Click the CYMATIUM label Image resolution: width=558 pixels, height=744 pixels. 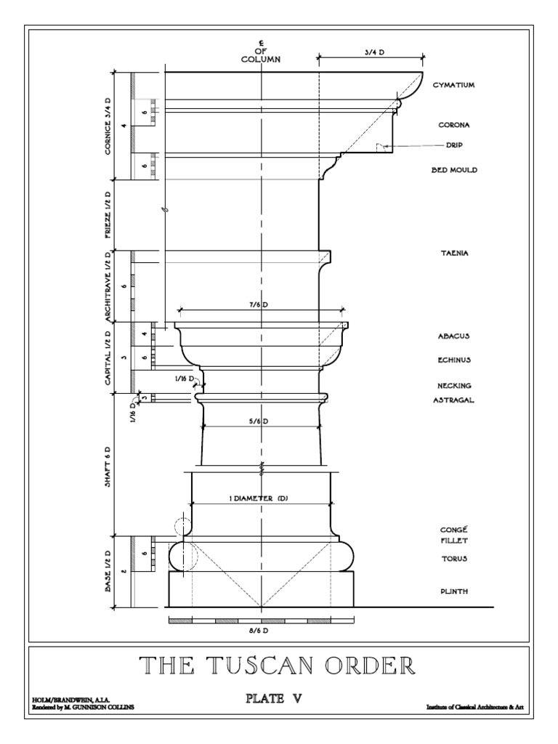pyautogui.click(x=453, y=85)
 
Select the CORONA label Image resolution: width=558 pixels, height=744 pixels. pyautogui.click(x=453, y=125)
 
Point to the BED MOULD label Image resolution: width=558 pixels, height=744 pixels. pyautogui.click(x=453, y=170)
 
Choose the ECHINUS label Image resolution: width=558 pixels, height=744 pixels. pyautogui.click(x=455, y=359)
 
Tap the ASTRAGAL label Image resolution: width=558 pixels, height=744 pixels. pyautogui.click(x=455, y=400)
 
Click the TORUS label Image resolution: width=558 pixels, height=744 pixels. pyautogui.click(x=453, y=559)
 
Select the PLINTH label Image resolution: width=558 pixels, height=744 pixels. pyautogui.click(x=453, y=591)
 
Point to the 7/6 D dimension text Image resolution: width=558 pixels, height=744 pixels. pyautogui.click(x=261, y=305)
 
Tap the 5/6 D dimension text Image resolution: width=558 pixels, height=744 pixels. pyautogui.click(x=260, y=421)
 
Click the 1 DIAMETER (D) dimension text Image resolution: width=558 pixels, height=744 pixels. pyautogui.click(x=261, y=498)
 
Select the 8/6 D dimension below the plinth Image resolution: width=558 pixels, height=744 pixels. pyautogui.click(x=261, y=631)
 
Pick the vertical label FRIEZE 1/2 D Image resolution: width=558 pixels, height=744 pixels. pyautogui.click(x=108, y=214)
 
